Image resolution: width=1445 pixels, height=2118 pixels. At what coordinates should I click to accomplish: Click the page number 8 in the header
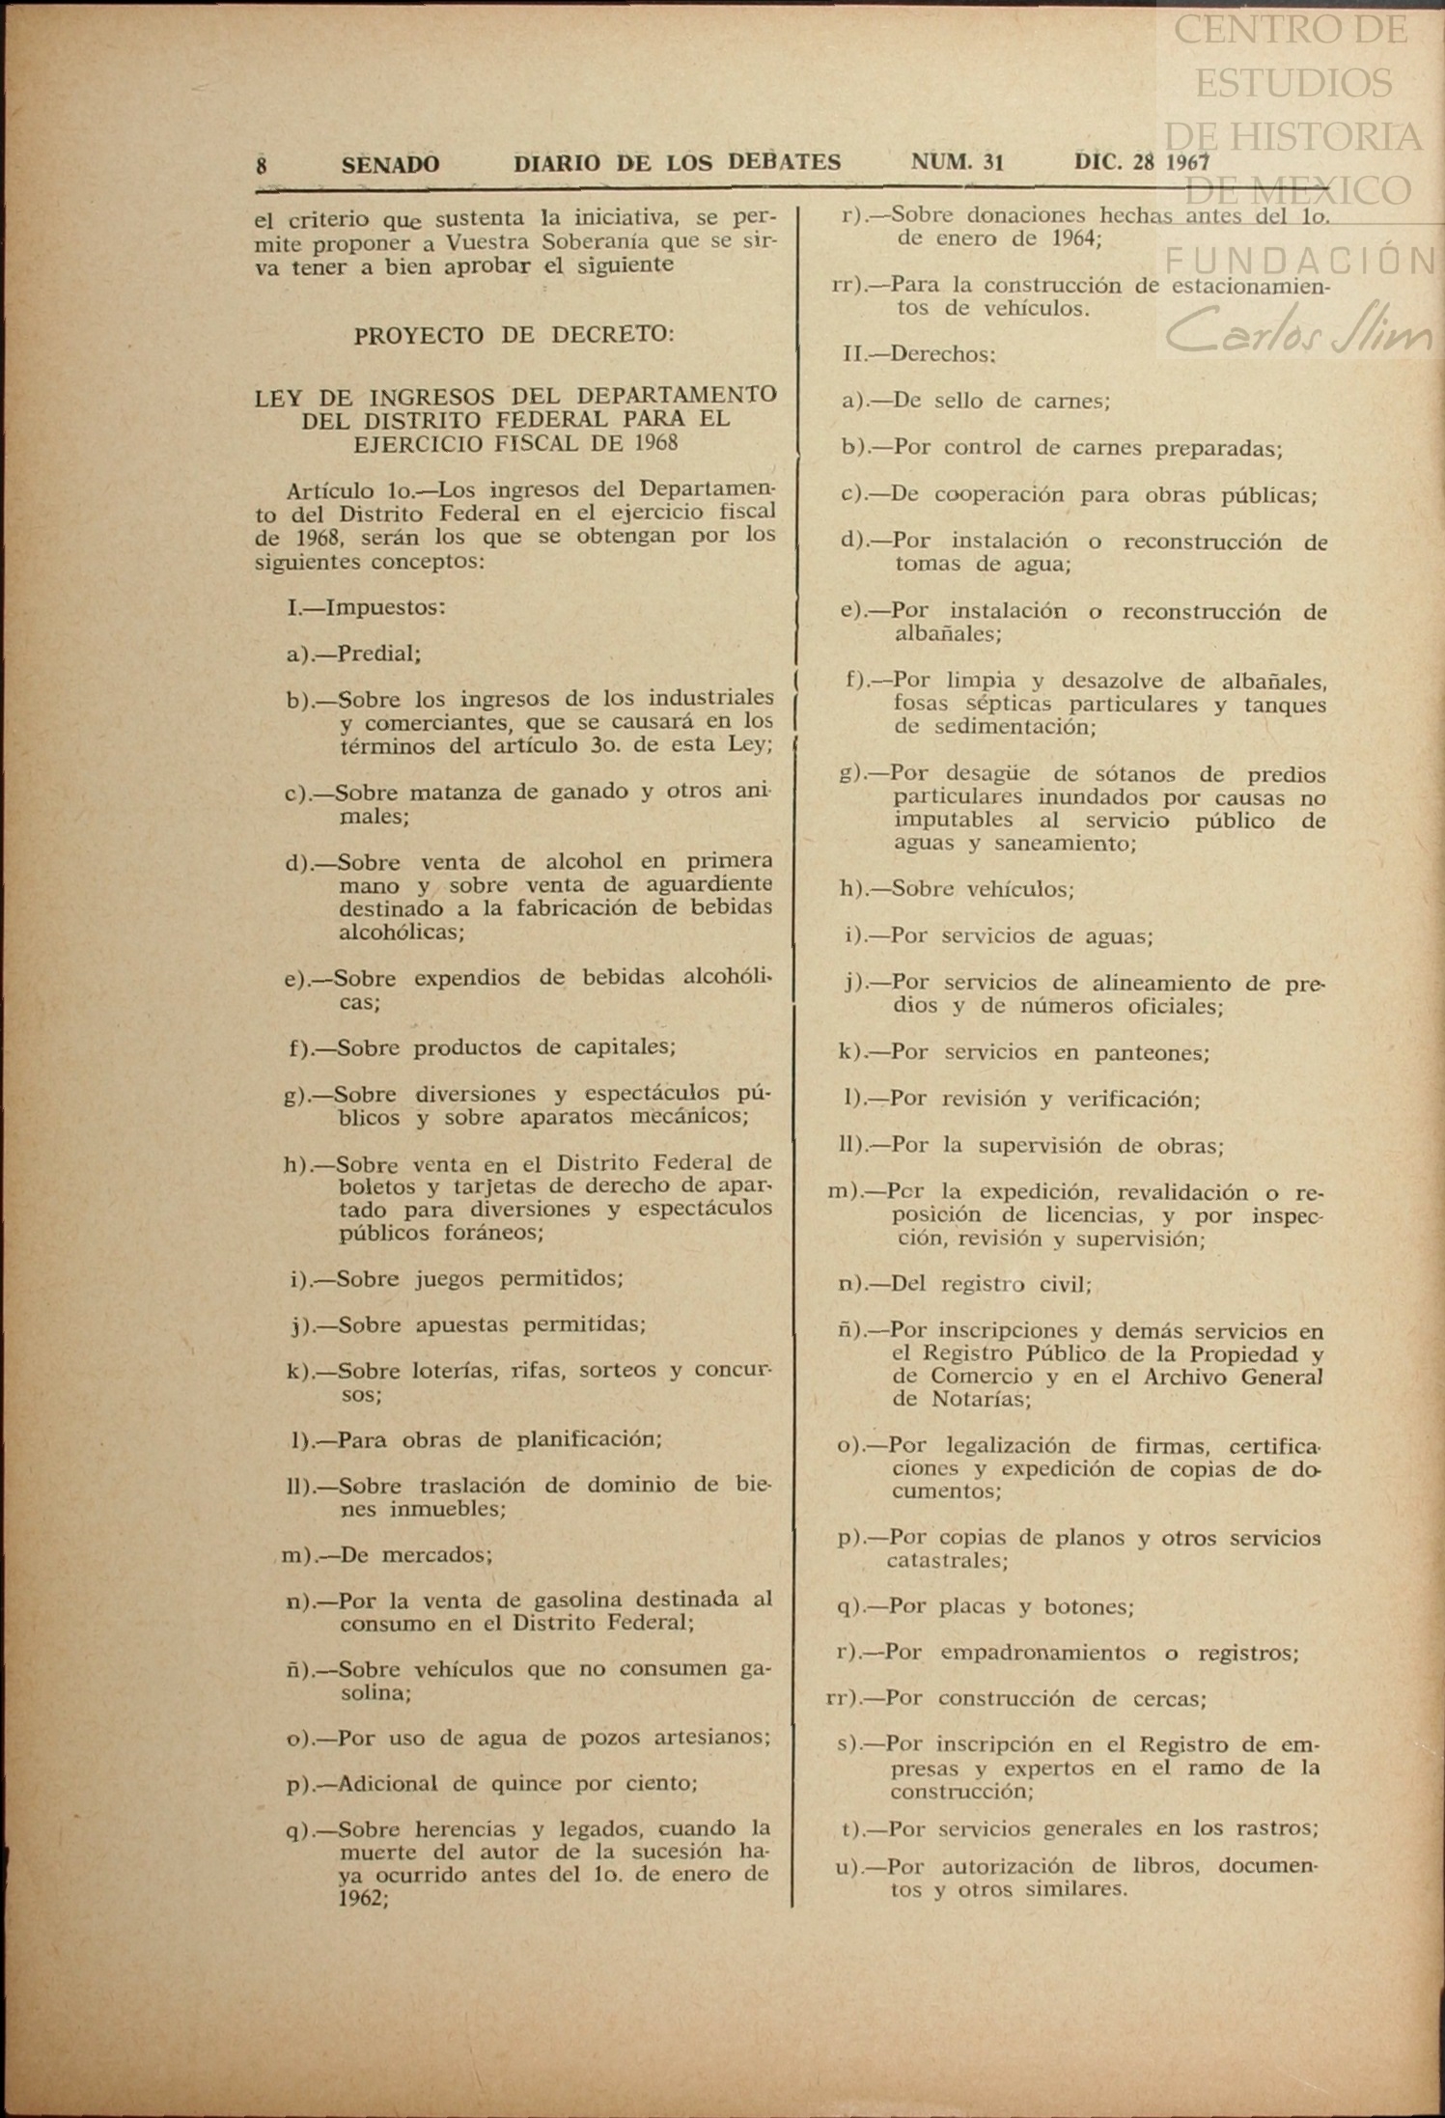click(261, 165)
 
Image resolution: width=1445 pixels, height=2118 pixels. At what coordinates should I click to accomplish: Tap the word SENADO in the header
click(390, 165)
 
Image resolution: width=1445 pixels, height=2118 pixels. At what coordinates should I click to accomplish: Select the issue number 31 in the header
click(993, 162)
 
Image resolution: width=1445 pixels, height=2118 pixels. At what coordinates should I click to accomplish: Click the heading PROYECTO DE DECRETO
click(514, 335)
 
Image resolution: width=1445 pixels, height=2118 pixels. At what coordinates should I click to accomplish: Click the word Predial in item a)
click(378, 654)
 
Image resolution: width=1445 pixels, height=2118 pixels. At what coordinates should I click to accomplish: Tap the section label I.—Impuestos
click(366, 607)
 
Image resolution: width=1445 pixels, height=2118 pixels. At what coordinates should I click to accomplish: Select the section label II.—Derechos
click(919, 353)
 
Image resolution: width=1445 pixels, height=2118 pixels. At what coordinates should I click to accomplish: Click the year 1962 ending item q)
click(363, 1898)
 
